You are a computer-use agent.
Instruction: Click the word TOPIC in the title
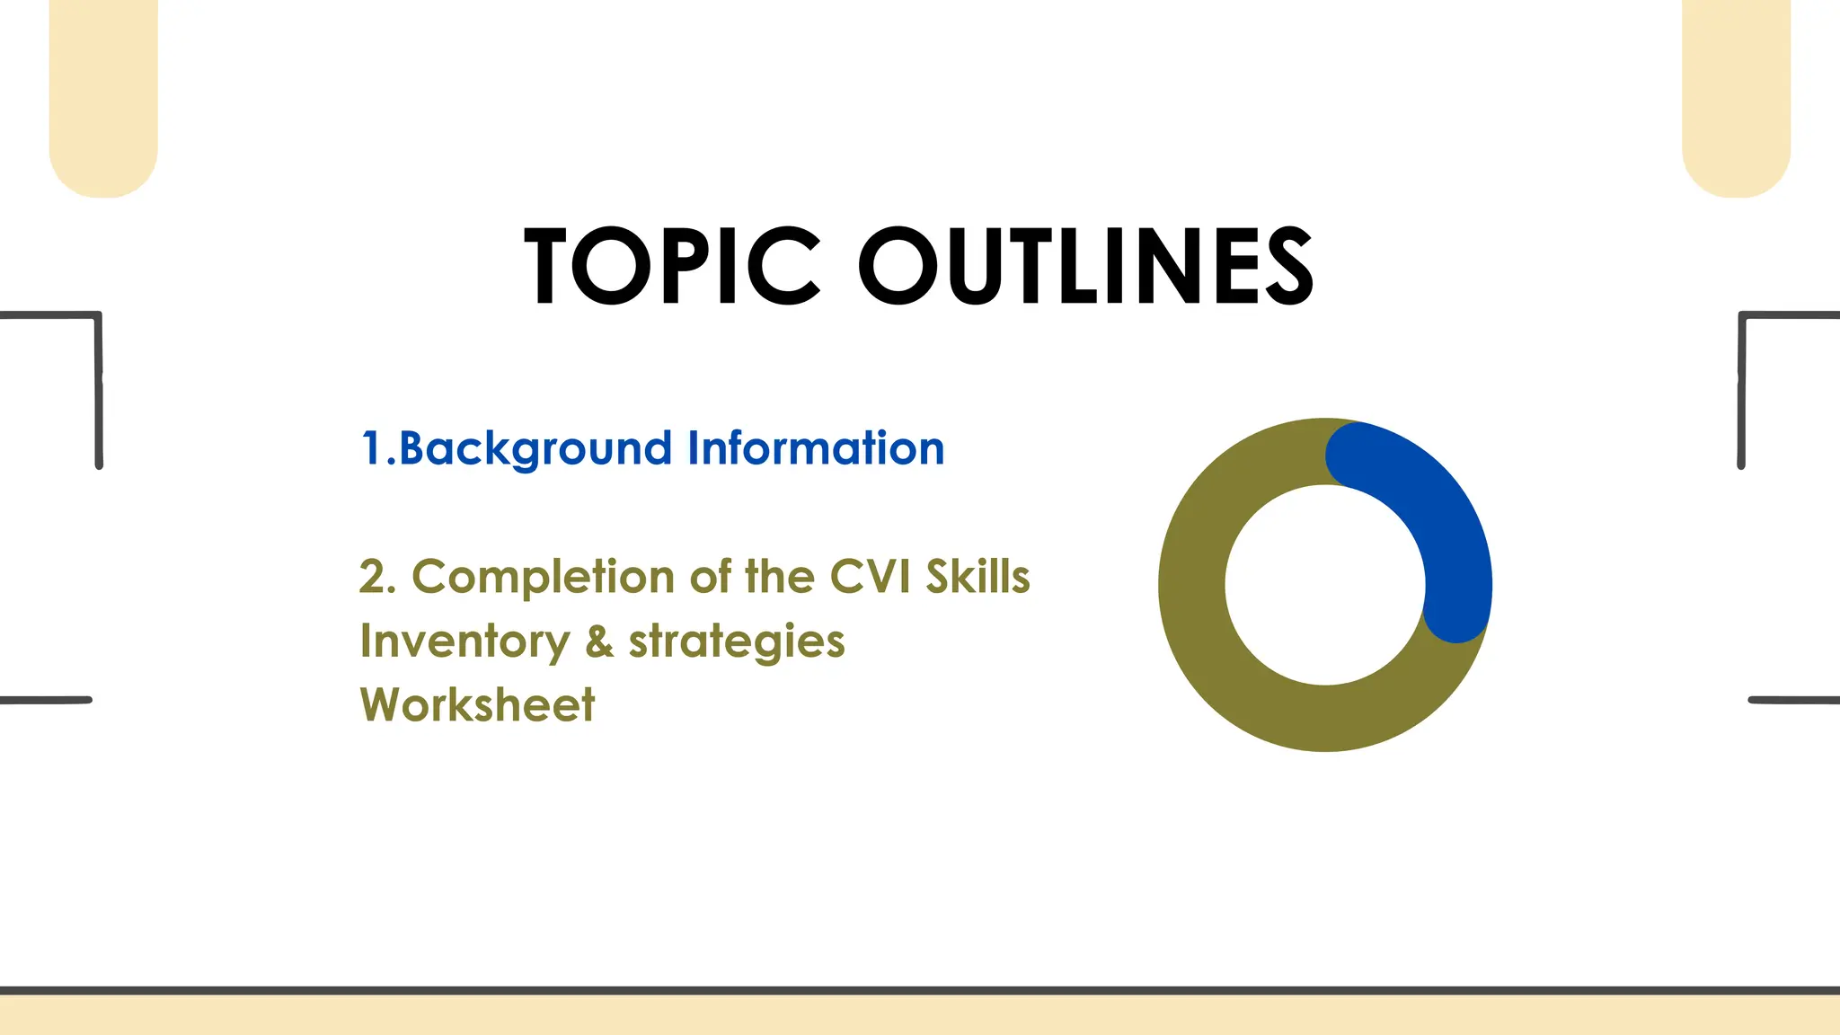point(672,266)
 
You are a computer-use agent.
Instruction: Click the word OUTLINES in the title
point(1086,266)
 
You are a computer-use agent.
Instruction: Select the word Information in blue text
point(816,447)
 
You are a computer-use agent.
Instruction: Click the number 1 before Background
point(371,448)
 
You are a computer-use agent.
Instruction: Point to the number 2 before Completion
point(375,577)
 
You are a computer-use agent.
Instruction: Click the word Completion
point(543,577)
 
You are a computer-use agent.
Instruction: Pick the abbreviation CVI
point(869,577)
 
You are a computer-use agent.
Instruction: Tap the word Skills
point(977,577)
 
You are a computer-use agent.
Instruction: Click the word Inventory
point(464,641)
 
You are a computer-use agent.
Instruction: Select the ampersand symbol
point(599,641)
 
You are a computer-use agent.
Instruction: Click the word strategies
point(737,641)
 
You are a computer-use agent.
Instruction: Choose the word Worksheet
point(477,705)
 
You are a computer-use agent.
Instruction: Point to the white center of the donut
point(1325,585)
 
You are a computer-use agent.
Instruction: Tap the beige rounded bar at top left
point(103,99)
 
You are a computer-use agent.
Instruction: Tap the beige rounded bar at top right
point(1736,99)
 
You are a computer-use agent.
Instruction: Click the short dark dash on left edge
point(45,700)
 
